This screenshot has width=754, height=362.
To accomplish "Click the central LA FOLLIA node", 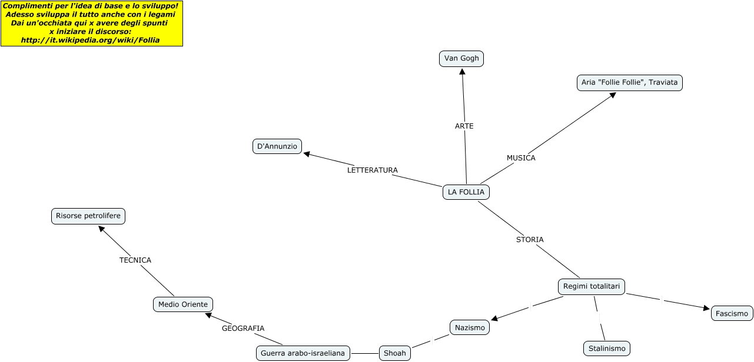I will pos(466,192).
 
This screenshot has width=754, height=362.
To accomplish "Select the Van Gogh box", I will pos(461,59).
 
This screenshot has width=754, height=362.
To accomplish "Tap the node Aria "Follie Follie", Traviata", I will pos(629,83).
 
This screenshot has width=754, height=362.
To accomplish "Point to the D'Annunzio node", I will pos(277,146).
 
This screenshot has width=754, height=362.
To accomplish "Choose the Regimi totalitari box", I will pos(591,286).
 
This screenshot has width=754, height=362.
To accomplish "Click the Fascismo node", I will pos(732,313).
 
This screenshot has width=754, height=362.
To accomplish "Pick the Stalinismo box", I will pos(607,348).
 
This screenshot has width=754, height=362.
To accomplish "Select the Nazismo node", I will pos(470,327).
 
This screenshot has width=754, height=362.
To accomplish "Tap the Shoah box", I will pos(394,353).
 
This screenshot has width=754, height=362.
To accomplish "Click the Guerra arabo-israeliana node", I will pos(303,353).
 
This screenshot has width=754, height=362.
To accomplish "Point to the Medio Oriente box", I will pos(182,304).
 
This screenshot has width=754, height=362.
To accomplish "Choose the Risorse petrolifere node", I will pos(88,216).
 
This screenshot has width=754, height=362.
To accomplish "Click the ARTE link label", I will pos(464,126).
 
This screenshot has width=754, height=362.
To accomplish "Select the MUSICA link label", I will pos(521,158).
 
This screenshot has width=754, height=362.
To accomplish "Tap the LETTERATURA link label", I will pos(372,170).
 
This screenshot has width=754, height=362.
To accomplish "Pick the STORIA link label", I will pos(530,240).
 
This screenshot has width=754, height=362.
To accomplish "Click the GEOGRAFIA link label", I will pos(243,329).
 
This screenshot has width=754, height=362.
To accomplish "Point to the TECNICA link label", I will pos(135,260).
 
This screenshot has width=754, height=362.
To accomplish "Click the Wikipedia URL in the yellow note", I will pos(90,40).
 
